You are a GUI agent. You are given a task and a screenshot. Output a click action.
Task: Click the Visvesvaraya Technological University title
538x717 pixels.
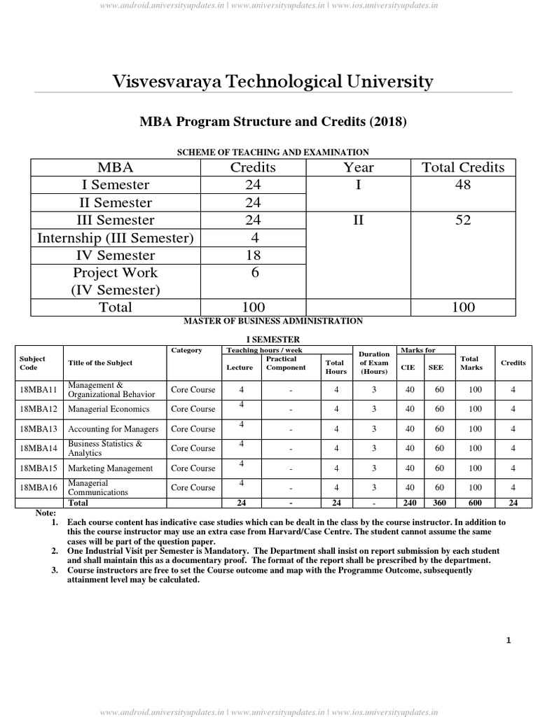(273, 82)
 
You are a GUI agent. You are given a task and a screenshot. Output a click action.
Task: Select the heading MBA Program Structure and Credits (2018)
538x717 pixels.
(273, 121)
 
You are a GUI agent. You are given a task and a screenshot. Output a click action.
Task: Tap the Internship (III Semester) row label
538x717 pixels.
(115, 238)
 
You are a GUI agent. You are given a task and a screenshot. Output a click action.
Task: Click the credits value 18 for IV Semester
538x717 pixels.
(253, 256)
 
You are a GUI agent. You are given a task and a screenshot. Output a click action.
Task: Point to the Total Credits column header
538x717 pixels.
(462, 167)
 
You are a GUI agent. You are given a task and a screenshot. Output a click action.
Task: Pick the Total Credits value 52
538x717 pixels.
(462, 221)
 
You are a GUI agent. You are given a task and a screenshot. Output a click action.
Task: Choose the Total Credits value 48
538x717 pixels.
(462, 185)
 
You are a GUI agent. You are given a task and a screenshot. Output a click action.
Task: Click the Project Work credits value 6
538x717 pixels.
(254, 273)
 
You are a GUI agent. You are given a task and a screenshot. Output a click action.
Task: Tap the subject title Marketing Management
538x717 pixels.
(110, 468)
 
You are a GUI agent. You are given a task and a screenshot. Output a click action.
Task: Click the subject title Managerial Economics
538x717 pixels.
(109, 409)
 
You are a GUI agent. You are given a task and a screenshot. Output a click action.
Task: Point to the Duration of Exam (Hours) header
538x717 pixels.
(374, 363)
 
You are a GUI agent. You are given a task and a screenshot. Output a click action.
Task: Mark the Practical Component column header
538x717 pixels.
(286, 363)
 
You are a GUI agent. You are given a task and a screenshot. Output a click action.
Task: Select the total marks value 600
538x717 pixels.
(476, 503)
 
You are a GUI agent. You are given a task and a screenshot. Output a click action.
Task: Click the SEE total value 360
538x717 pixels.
(439, 503)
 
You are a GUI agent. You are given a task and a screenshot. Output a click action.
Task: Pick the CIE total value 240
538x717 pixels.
(409, 503)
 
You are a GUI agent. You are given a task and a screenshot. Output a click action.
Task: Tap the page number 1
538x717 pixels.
(509, 640)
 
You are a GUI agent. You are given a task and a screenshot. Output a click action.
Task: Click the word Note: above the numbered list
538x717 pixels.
(45, 513)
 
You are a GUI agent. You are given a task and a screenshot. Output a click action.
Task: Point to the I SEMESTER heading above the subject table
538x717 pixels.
(273, 340)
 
